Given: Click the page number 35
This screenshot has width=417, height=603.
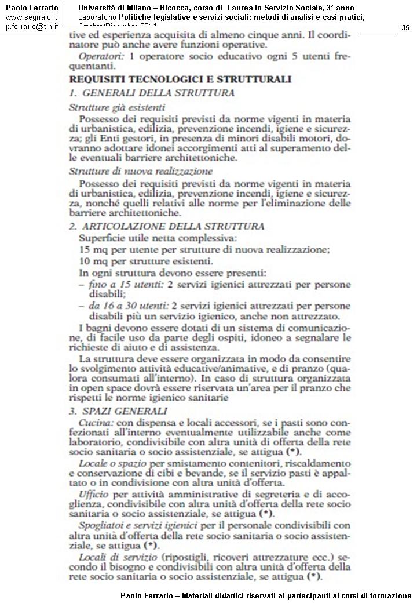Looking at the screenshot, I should [405, 28].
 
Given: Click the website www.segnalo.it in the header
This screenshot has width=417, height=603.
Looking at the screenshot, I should [31, 17].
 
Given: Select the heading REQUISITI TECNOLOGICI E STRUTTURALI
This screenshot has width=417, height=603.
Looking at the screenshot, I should [180, 79].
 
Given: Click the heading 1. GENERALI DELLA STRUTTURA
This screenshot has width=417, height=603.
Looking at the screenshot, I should [152, 93].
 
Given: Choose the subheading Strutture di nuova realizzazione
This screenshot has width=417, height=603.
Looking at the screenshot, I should [141, 171].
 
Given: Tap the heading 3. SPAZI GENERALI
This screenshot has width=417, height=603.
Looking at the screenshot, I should [118, 411].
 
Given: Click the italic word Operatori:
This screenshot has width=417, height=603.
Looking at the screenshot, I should [96, 57].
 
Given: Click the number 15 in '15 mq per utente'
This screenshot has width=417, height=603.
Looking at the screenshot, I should [84, 249].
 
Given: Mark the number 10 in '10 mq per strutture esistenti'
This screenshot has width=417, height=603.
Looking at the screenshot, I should [84, 261].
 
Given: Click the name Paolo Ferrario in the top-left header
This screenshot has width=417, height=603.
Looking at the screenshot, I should [31, 8].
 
